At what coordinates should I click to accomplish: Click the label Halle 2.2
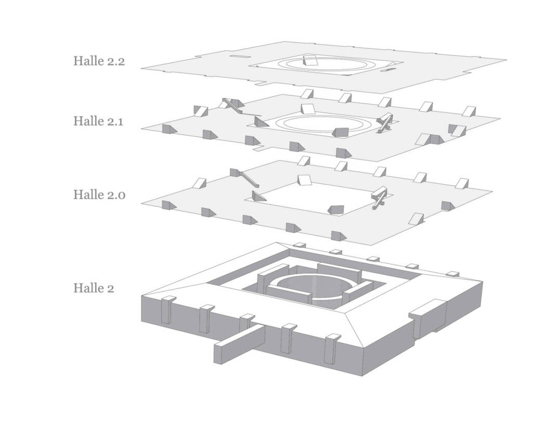99,61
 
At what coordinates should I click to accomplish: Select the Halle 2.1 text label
99,121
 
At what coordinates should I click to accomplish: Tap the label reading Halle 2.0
99,195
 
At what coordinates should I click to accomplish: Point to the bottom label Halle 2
93,287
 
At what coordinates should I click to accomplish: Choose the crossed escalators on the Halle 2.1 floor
385,122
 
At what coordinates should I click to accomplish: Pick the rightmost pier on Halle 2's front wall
331,349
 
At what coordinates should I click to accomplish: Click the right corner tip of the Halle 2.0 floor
491,190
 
